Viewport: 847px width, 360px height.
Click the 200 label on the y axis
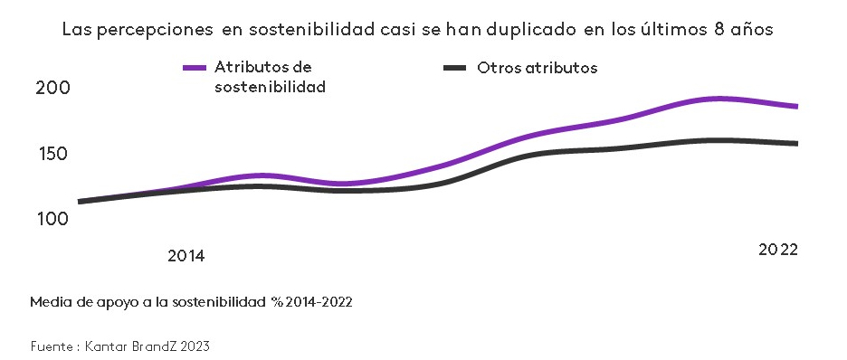[52, 88]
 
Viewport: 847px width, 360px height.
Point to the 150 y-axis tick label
[52, 154]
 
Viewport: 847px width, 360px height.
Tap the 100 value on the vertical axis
[52, 219]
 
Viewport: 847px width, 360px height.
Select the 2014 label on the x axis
[186, 256]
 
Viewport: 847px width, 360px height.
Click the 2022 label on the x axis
[777, 250]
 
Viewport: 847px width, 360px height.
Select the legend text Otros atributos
[537, 68]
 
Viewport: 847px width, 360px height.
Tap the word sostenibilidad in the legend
[270, 88]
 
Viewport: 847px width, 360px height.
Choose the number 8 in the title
[721, 29]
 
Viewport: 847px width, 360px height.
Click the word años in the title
[754, 29]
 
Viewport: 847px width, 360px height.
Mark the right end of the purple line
[796, 107]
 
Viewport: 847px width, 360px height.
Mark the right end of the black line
[796, 143]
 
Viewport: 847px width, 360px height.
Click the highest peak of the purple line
[718, 99]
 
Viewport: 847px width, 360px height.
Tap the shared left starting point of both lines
[81, 201]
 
